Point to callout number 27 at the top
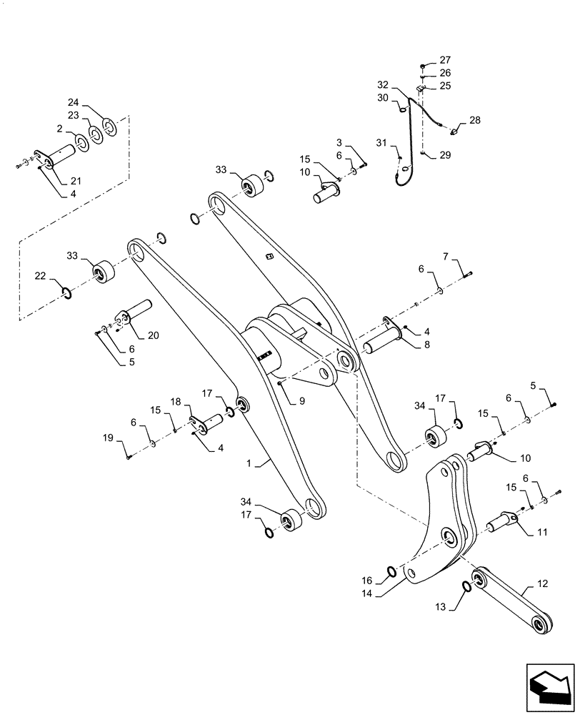(446, 60)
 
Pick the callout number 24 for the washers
(92, 102)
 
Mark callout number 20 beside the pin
(153, 334)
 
